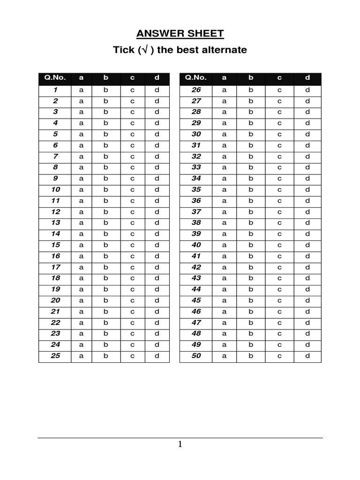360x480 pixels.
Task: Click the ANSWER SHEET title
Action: pyautogui.click(x=180, y=34)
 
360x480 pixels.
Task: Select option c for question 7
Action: pyautogui.click(x=133, y=156)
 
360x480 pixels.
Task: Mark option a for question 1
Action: pyautogui.click(x=81, y=90)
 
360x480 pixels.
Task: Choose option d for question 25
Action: pyautogui.click(x=157, y=356)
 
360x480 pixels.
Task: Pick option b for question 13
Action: pyautogui.click(x=106, y=223)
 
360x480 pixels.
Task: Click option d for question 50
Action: pyautogui.click(x=308, y=356)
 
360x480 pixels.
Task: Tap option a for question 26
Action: pyautogui.click(x=224, y=90)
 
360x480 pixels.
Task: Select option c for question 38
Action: pyautogui.click(x=279, y=223)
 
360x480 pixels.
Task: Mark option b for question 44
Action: pyautogui.click(x=251, y=289)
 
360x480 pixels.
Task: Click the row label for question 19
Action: pyautogui.click(x=55, y=289)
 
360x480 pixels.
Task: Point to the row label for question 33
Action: pyautogui.click(x=196, y=167)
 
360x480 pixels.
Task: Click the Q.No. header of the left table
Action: pyautogui.click(x=55, y=78)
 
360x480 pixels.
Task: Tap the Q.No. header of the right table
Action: pyautogui.click(x=196, y=78)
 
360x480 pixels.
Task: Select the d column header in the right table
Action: pyautogui.click(x=308, y=78)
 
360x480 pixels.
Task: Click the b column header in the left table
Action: pyautogui.click(x=106, y=78)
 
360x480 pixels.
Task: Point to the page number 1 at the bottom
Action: pyautogui.click(x=180, y=444)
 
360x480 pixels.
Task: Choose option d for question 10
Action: pyautogui.click(x=157, y=189)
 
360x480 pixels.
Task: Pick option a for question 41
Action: pyautogui.click(x=224, y=256)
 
